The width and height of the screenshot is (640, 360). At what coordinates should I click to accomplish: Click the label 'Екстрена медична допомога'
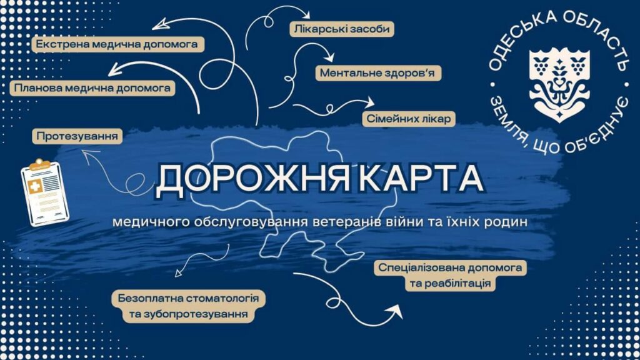pos(118,44)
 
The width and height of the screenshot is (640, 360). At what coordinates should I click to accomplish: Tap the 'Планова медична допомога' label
pos(92,87)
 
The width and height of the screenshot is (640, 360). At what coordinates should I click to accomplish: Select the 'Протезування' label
pos(77,136)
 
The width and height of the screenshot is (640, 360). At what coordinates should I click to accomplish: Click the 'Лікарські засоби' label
pos(342,29)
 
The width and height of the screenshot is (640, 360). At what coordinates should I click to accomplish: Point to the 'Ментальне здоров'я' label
pos(377,73)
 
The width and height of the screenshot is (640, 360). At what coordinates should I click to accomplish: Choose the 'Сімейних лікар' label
pos(409,119)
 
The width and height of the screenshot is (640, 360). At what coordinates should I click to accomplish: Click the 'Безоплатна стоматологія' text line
pos(189,298)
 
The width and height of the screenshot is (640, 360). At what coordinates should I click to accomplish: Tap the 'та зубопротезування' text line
pos(189,314)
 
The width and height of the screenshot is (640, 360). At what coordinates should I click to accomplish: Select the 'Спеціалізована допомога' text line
pos(450,267)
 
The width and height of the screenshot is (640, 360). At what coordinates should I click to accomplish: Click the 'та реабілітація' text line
pos(450,283)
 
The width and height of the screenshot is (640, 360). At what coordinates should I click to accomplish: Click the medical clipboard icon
pos(45,193)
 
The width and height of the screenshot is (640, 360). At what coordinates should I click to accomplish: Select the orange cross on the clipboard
pos(36,186)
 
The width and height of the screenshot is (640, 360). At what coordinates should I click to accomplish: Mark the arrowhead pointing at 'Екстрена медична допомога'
pos(161,24)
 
